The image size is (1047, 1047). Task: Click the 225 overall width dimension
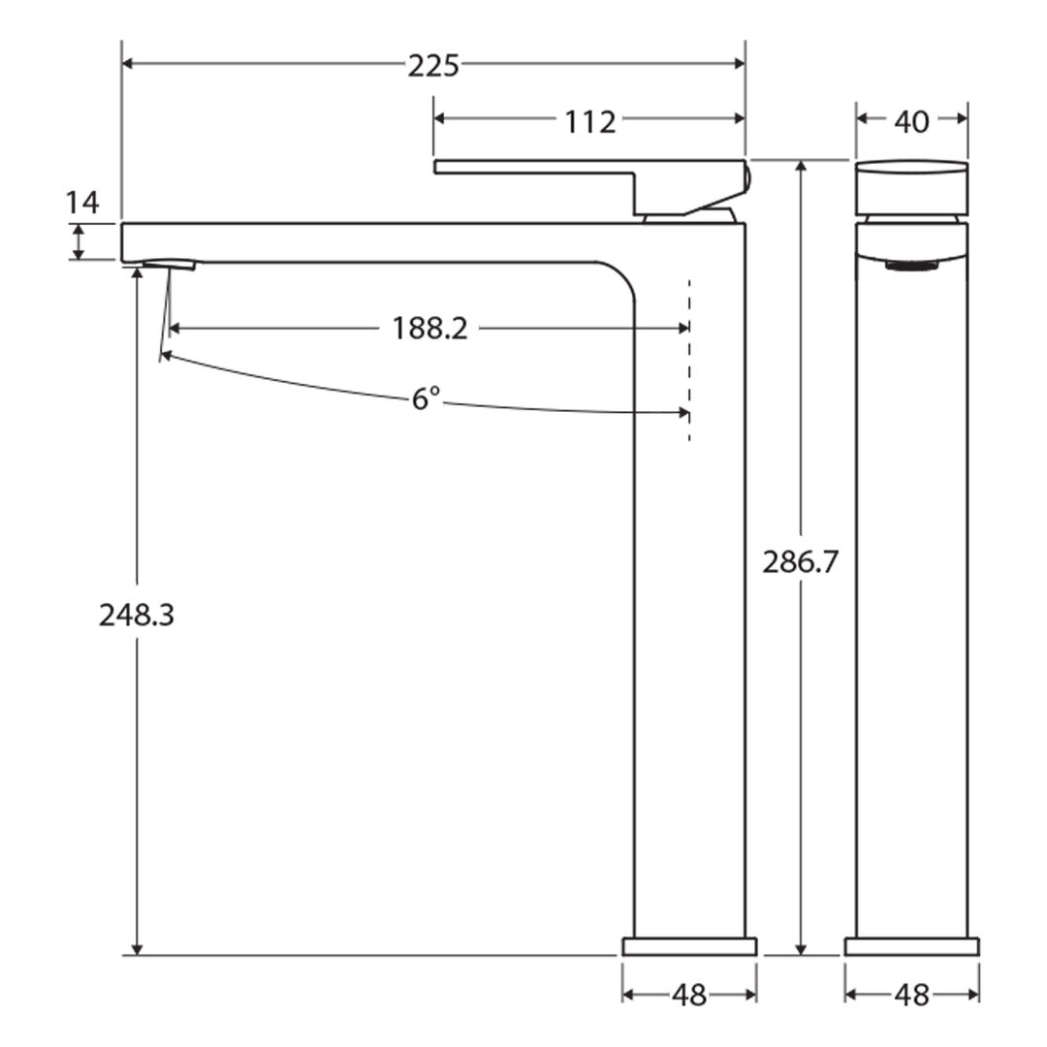432,66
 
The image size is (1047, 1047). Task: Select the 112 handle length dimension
589,122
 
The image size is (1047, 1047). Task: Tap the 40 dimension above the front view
911,121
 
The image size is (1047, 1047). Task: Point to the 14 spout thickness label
82,204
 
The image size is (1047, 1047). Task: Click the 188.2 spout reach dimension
429,329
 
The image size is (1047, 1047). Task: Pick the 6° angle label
426,398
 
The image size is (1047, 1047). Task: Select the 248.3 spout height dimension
137,615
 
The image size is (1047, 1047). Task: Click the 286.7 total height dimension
799,562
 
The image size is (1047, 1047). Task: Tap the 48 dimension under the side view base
689,995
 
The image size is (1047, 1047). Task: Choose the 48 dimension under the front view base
911,995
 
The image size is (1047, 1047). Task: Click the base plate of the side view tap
689,946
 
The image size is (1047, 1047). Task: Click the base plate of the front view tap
911,946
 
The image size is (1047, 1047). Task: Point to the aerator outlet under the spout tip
170,264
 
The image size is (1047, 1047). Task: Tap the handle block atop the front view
911,187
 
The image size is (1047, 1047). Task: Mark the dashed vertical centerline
689,359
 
